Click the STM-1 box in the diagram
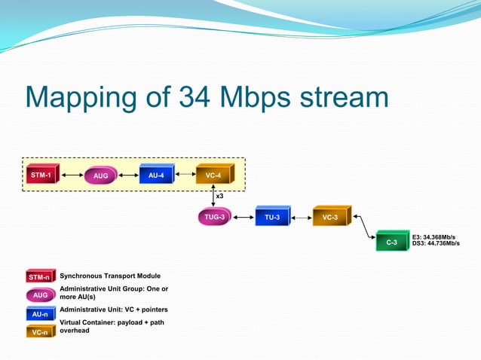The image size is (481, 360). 41,175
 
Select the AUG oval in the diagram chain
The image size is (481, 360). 101,176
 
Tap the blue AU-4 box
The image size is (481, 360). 155,175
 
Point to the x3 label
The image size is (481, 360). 219,196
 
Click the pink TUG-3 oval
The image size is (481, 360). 215,218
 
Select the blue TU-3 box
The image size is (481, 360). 272,218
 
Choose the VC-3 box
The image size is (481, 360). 330,218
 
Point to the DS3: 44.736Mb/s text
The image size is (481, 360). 437,243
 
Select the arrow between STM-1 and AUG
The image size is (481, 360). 72,175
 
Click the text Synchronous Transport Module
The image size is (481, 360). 110,276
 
